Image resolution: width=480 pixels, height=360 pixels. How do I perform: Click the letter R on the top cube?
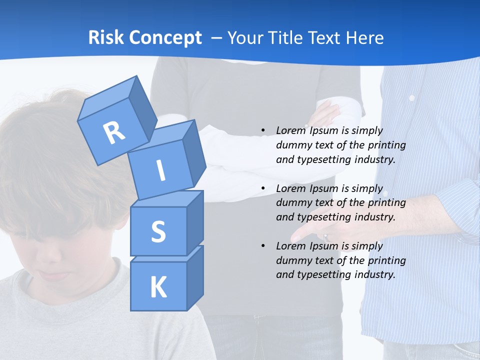point(114,133)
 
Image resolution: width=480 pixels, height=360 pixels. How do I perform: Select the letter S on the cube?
point(158,231)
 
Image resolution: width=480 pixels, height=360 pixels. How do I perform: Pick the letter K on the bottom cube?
point(158,287)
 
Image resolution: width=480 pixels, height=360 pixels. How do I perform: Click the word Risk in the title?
point(105,38)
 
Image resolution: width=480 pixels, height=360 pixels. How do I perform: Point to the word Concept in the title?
point(164,38)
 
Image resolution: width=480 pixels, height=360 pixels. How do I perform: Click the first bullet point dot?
point(263,130)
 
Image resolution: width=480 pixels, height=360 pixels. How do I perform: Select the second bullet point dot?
point(263,188)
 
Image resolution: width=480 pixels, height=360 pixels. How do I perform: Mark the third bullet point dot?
point(263,246)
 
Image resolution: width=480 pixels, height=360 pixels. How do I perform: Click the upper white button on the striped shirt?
point(412,98)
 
